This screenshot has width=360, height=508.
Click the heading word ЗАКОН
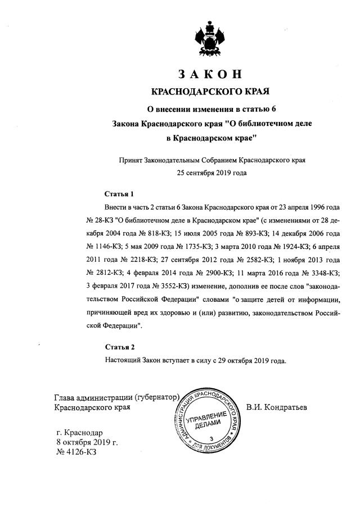click(x=211, y=74)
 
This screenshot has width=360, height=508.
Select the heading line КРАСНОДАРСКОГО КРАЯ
click(x=211, y=91)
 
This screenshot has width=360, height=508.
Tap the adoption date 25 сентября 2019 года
click(x=211, y=173)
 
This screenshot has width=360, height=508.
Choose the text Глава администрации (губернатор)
click(x=116, y=396)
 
